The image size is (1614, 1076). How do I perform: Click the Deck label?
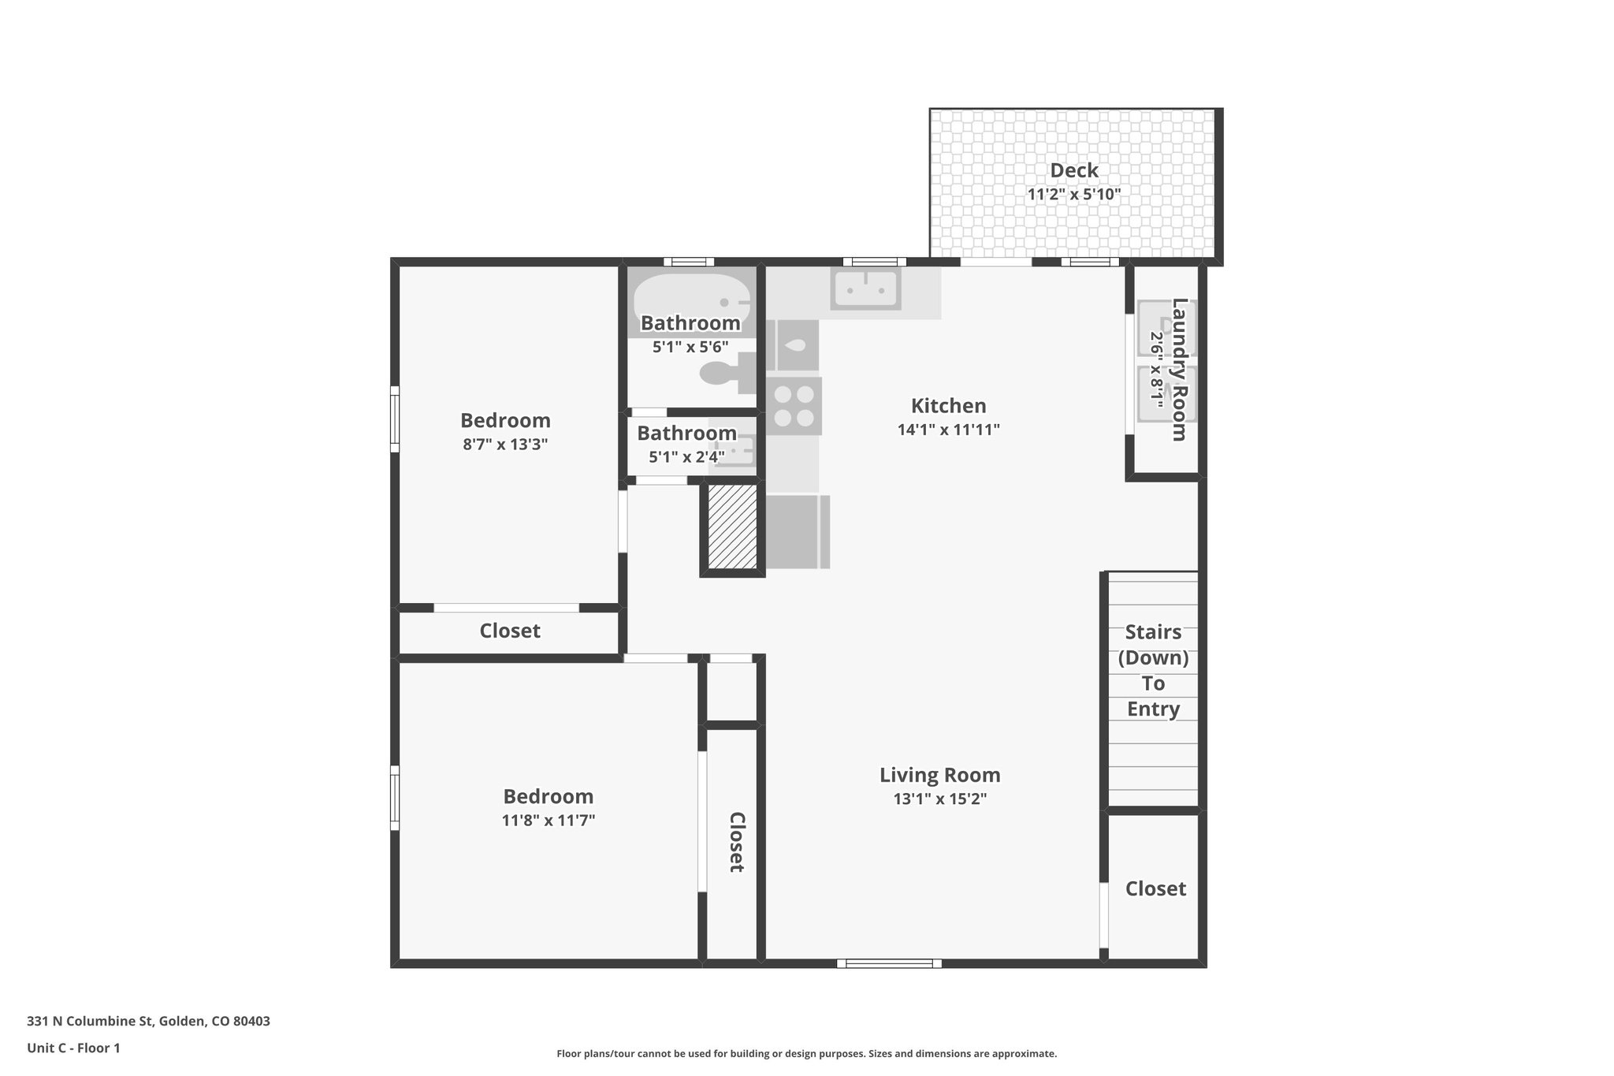1073,170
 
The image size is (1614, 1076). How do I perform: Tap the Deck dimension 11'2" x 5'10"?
1073,194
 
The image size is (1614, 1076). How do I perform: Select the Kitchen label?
948,406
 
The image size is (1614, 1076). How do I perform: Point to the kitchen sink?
865,288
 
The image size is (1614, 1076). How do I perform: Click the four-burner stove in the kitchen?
794,406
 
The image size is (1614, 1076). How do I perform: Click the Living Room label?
939,775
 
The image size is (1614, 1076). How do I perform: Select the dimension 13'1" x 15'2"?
939,799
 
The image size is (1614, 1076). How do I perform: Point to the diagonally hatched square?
732,526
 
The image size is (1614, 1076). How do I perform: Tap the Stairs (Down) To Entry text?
1153,670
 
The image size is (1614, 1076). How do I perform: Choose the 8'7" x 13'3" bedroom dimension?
505,444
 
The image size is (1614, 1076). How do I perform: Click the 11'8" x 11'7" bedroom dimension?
548,821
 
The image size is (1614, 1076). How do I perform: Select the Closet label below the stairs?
1155,888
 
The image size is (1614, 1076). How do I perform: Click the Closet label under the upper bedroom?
510,631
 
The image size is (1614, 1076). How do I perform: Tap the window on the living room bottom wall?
889,963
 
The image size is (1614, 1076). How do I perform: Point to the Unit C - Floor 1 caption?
73,1048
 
